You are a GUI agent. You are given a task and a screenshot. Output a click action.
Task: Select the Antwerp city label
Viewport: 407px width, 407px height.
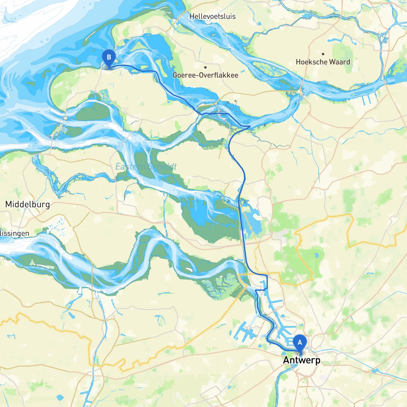[301, 360]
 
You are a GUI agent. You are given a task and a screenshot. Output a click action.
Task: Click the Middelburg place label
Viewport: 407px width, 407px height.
[28, 204]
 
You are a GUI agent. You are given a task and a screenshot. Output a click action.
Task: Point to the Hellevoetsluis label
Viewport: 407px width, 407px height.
[212, 16]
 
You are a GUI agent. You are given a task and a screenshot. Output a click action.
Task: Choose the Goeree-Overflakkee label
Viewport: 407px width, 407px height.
[205, 75]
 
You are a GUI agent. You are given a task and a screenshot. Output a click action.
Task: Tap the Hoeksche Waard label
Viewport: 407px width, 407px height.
[323, 62]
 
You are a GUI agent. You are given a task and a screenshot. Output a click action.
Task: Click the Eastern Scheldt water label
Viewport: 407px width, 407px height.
[146, 166]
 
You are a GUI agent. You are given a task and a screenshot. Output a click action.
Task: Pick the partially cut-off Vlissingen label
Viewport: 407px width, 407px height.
[14, 233]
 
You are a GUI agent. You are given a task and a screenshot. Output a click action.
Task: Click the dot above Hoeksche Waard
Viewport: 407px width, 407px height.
[323, 54]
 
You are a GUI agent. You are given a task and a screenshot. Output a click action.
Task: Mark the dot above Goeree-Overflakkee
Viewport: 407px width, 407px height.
[205, 67]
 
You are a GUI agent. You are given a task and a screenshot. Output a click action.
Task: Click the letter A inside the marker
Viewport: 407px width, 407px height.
[300, 342]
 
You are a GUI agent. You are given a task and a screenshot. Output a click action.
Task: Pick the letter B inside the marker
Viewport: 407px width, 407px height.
[109, 57]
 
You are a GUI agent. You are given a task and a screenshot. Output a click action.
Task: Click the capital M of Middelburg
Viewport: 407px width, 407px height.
[9, 204]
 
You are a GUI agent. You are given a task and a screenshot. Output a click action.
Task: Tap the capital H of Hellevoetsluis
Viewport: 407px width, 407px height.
[192, 16]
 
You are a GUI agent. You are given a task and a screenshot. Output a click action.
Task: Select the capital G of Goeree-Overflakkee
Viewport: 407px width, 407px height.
[175, 75]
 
